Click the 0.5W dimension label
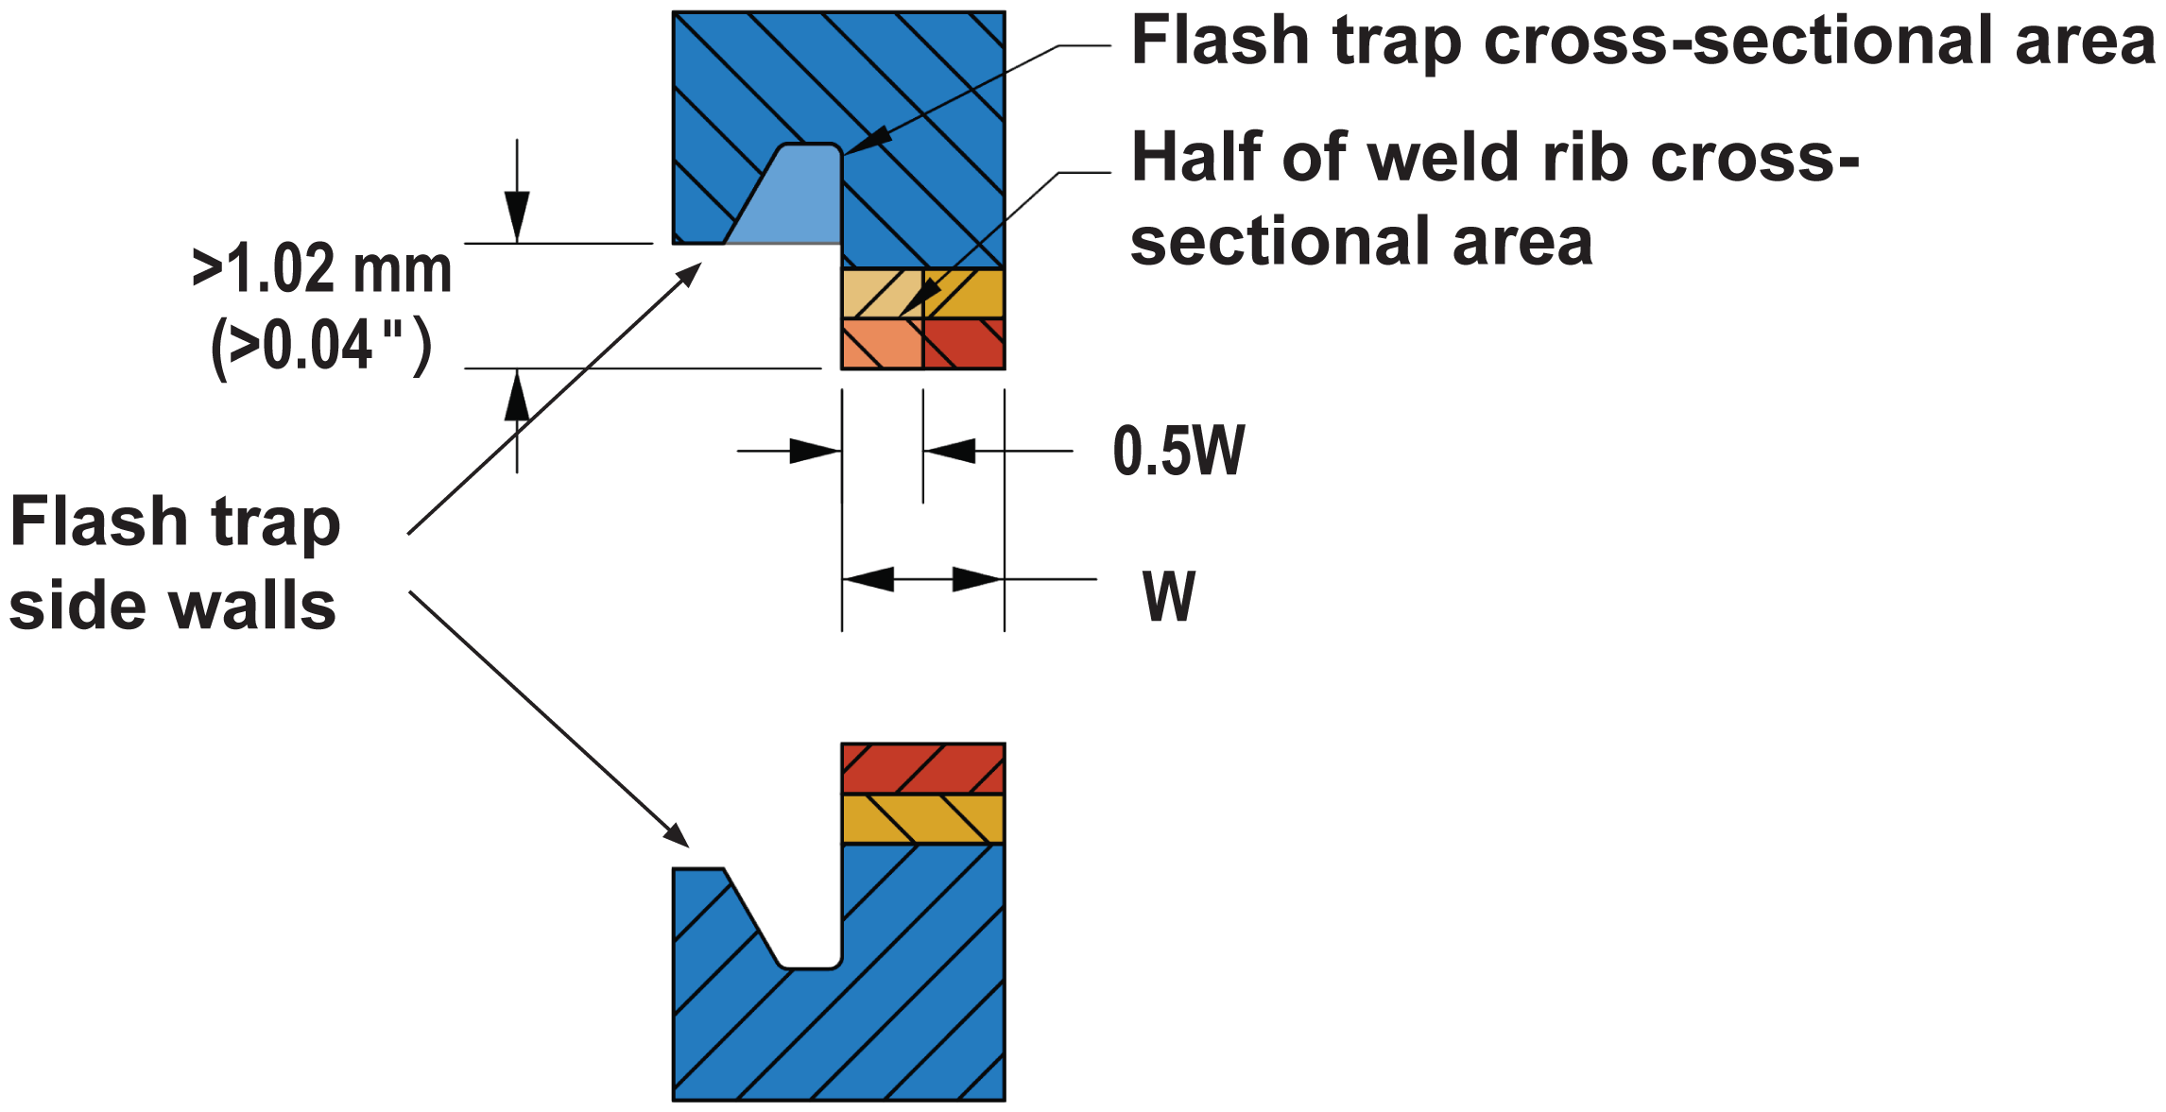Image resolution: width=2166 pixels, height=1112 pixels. click(1178, 451)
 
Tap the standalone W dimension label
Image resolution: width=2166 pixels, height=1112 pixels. click(1169, 596)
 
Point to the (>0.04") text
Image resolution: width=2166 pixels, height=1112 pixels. click(321, 347)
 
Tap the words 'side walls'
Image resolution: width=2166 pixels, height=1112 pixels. click(173, 606)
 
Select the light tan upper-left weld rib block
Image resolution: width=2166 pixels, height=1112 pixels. click(882, 293)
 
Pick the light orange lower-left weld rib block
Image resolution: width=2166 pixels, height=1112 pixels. click(882, 343)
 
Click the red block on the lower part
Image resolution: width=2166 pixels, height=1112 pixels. click(923, 768)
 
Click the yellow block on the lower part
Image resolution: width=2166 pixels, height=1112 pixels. click(923, 818)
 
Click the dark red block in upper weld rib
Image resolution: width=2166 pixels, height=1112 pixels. click(964, 343)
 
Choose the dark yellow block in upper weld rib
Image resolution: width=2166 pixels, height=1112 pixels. click(964, 293)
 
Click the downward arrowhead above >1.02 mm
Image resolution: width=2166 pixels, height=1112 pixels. click(517, 216)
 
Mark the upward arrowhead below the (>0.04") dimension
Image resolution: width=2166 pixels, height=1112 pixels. click(517, 395)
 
